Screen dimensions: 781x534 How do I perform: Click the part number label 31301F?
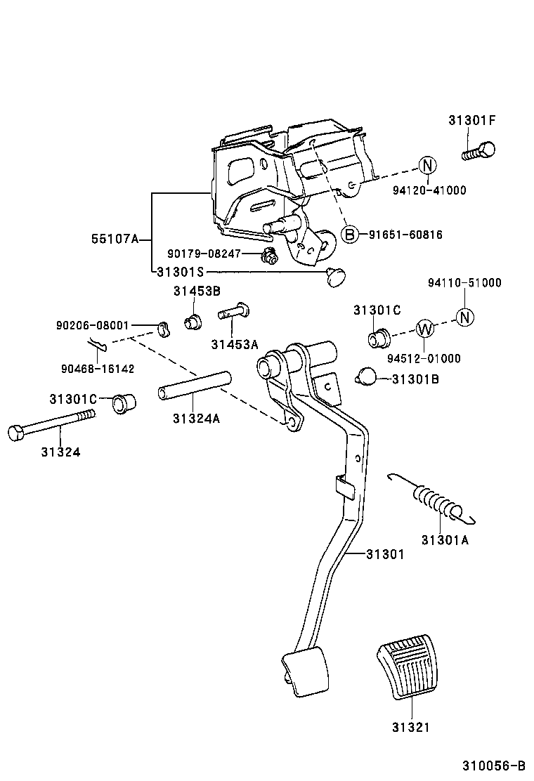pos(471,120)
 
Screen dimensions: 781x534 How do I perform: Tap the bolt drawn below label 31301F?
pos(479,151)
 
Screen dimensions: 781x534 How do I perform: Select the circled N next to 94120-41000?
pos(428,166)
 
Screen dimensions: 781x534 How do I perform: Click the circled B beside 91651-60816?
pos(349,235)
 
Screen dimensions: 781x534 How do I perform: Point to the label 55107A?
pos(115,239)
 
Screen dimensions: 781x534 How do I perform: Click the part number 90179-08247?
pos(204,254)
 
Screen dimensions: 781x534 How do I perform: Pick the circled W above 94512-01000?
pos(424,329)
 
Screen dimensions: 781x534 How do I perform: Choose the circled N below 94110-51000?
pos(464,317)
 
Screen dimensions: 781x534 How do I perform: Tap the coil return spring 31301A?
pos(437,502)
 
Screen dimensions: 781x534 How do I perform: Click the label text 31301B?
pos(415,379)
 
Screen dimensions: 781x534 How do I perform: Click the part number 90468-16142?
pos(98,368)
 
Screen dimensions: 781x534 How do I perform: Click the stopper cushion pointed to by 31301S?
pos(337,276)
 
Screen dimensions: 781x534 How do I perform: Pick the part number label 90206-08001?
pos(92,326)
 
